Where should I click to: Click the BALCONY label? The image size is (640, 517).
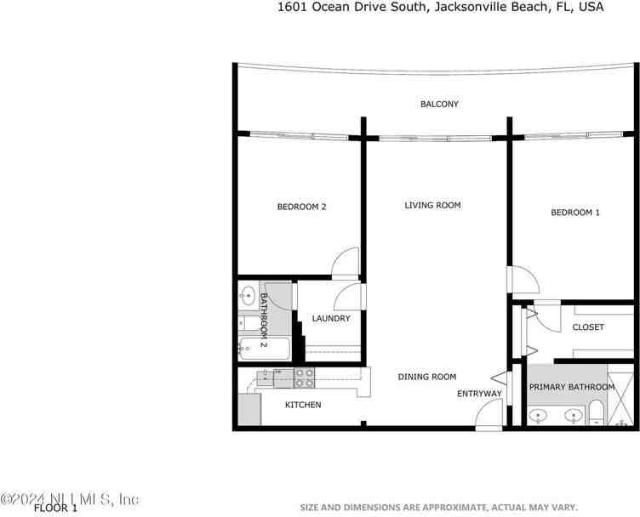439,104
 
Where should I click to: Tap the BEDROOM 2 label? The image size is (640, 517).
302,207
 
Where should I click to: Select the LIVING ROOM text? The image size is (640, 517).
432,205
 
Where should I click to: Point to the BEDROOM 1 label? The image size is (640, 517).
575,213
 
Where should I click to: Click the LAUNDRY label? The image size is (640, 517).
331,319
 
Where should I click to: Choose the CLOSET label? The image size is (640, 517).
588,327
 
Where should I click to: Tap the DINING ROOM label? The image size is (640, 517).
427,377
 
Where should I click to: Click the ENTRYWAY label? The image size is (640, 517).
479,394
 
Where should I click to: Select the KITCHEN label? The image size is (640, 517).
303,405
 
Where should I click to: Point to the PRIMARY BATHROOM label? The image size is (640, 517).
571,388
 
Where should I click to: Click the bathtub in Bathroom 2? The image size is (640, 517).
264,347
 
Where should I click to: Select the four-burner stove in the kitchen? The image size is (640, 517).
304,375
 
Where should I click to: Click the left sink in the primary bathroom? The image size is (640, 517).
539,416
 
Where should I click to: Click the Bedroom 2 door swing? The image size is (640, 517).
346,264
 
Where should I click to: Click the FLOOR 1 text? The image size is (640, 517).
55,508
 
